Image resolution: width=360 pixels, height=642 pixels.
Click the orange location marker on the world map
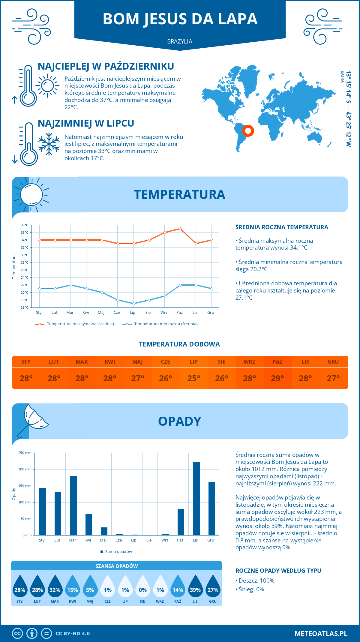pyautogui.click(x=248, y=130)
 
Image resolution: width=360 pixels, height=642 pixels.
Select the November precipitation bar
pyautogui.click(x=196, y=498)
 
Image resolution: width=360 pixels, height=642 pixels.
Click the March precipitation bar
pyautogui.click(x=73, y=505)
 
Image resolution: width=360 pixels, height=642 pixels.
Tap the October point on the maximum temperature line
pyautogui.click(x=180, y=229)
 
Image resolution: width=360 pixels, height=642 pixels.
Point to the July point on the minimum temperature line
pyautogui.click(x=133, y=304)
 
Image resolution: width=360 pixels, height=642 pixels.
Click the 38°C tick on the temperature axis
pyautogui.click(x=25, y=225)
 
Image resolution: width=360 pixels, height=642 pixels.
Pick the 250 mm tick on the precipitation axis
pyautogui.click(x=25, y=453)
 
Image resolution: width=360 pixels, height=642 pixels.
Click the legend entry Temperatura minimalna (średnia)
pyautogui.click(x=160, y=324)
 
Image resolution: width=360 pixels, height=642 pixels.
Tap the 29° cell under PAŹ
pyautogui.click(x=277, y=378)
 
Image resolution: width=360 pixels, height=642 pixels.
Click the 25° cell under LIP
pyautogui.click(x=193, y=378)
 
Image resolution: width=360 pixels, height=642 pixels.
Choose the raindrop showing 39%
pyautogui.click(x=195, y=586)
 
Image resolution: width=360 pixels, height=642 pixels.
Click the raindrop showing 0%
pyautogui.click(x=143, y=586)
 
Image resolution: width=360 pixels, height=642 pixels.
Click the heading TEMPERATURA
pyautogui.click(x=179, y=194)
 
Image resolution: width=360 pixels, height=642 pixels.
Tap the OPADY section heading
pyautogui.click(x=179, y=421)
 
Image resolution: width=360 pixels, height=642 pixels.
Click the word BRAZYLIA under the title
pyautogui.click(x=180, y=41)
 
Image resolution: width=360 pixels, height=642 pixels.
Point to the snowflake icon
pyautogui.click(x=49, y=144)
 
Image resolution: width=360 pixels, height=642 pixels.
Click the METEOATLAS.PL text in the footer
pyautogui.click(x=321, y=634)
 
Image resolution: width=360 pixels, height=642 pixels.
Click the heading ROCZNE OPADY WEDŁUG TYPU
pyautogui.click(x=278, y=571)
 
